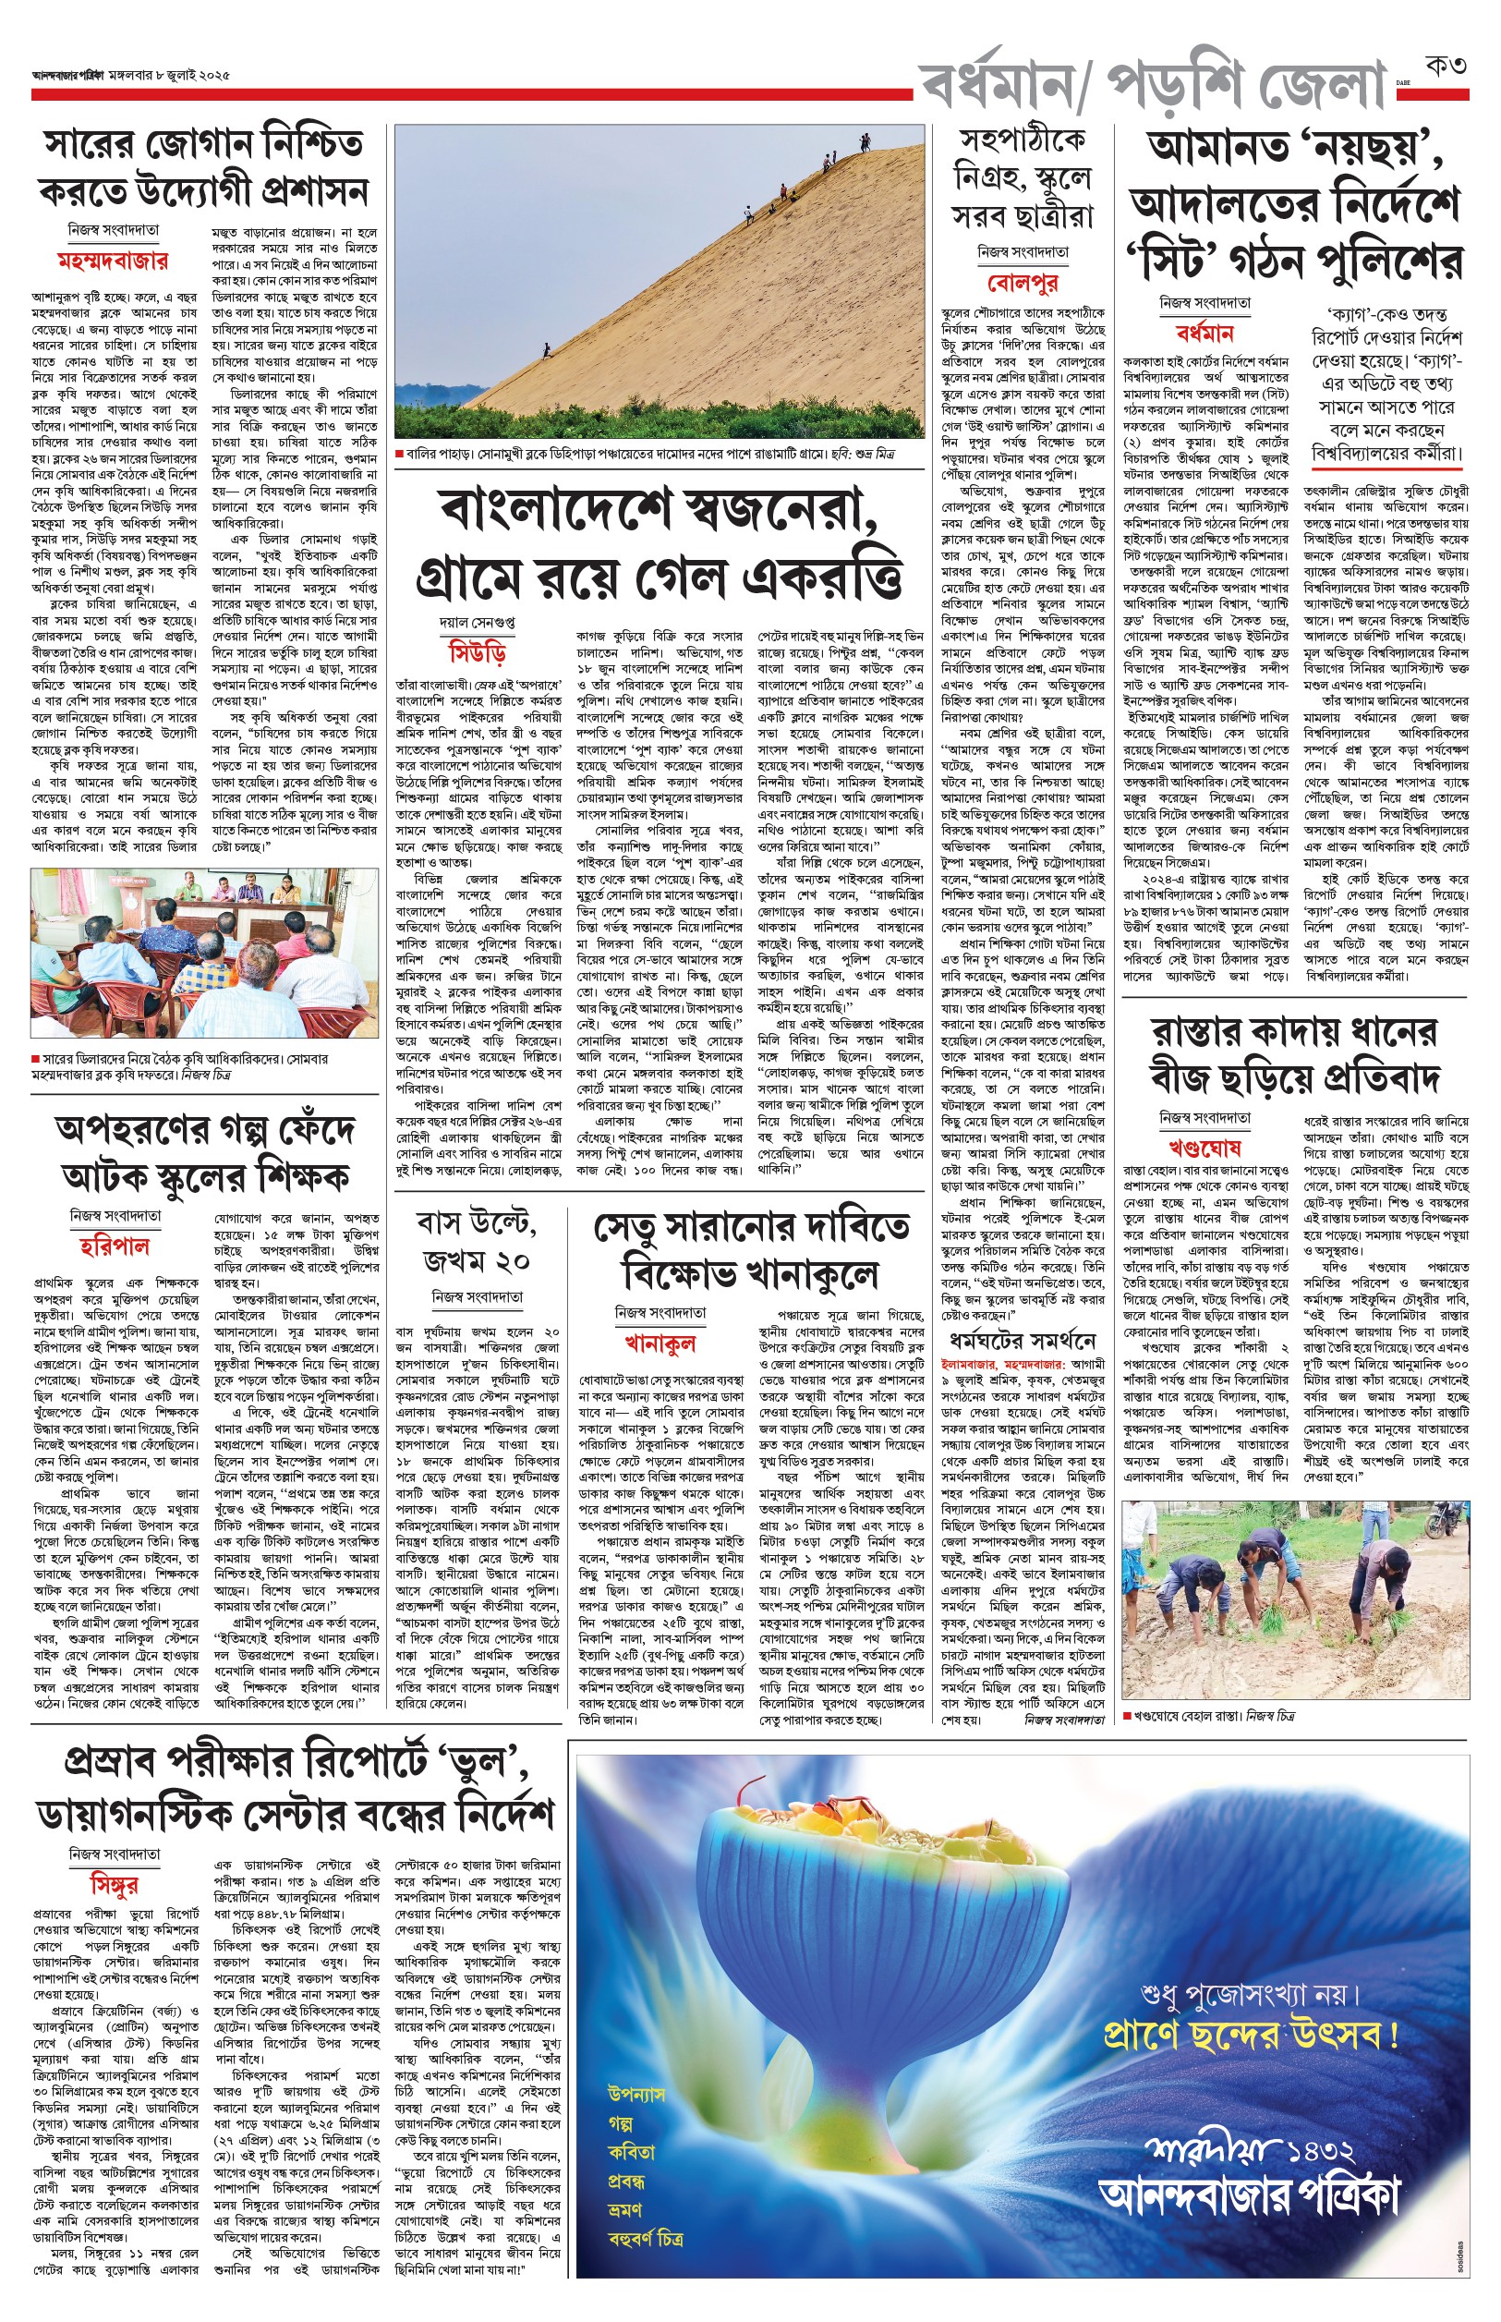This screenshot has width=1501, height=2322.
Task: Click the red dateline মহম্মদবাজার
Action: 112,261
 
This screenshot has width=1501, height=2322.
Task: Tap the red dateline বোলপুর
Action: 1023,283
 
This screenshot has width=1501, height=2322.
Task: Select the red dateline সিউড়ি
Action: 477,652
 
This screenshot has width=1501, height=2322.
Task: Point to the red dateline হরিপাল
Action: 115,1246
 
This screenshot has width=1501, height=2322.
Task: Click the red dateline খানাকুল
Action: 660,1343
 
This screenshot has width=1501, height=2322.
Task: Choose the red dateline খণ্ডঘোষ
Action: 1204,1148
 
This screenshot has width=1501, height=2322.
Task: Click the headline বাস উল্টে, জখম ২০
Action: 477,1241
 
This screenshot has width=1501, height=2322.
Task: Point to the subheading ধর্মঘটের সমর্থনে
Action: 1023,1341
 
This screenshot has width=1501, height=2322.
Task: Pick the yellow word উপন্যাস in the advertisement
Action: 636,2093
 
